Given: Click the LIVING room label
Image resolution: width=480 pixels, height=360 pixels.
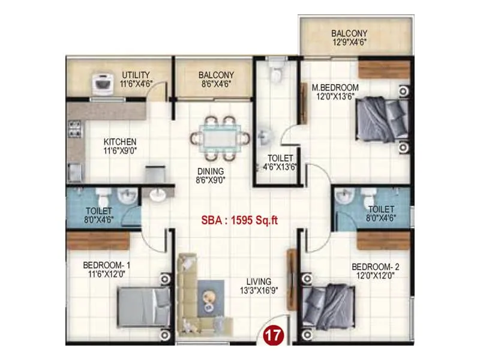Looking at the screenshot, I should coord(259,281).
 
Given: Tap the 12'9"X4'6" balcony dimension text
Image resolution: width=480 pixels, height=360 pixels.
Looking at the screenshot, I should coord(349,43).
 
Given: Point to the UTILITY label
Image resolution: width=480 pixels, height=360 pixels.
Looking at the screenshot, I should coord(136,75).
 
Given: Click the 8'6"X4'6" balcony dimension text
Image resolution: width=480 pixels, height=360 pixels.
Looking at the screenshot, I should coord(215,85).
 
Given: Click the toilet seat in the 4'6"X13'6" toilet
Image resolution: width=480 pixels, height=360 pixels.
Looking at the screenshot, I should coord(276,74).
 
